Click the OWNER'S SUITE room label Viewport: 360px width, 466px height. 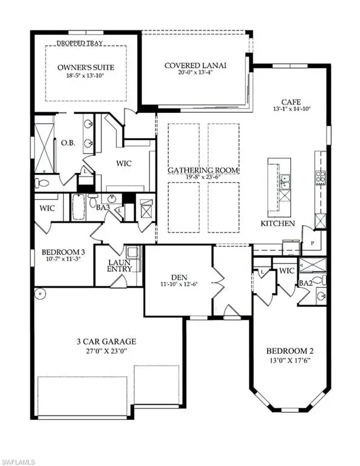point(86,67)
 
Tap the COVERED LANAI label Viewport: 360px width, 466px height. point(195,66)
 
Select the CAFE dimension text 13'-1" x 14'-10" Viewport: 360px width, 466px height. point(291,109)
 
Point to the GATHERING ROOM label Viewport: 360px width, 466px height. point(203,171)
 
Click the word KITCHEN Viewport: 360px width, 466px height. point(277,223)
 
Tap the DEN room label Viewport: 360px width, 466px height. point(179,277)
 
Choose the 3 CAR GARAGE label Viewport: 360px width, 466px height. point(106,342)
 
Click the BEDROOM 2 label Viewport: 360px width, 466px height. point(290,351)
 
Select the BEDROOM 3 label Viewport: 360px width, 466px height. point(63,252)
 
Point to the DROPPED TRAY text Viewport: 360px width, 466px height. point(80,43)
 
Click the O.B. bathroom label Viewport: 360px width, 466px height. point(68,143)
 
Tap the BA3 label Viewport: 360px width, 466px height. point(103,208)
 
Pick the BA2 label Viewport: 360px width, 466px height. point(305,283)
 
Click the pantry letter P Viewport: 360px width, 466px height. point(313,243)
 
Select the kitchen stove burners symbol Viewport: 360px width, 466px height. point(320,177)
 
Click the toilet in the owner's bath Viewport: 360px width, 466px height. point(42,183)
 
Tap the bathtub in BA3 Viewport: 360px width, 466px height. point(78,207)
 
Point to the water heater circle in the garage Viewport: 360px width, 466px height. point(40,294)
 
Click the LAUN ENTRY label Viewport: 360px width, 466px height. point(120,266)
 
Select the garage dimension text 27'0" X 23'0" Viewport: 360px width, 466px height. point(106,351)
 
